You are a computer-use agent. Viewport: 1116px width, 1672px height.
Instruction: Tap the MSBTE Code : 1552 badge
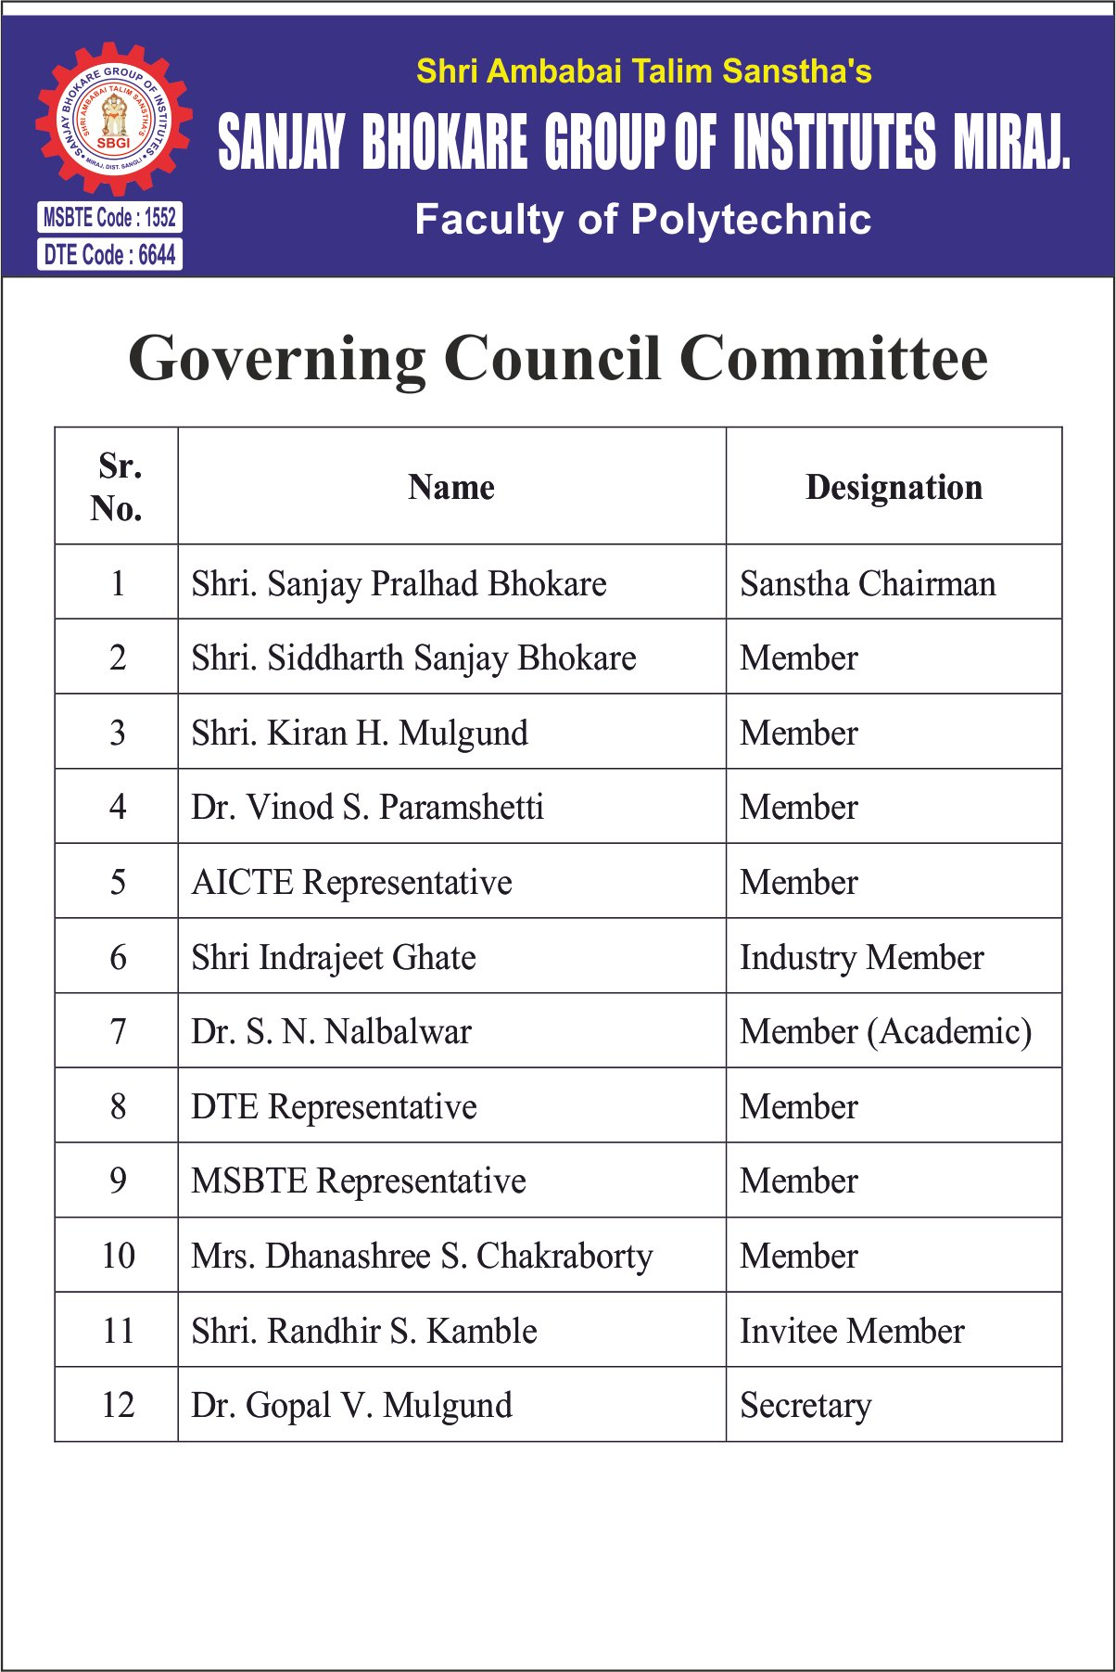click(x=109, y=217)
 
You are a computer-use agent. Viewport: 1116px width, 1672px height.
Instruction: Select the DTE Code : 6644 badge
click(x=109, y=254)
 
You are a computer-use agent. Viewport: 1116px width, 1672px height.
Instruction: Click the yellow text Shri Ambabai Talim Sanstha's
click(x=643, y=71)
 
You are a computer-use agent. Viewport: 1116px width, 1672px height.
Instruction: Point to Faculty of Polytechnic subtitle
click(x=642, y=220)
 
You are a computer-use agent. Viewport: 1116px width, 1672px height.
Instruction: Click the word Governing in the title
click(x=277, y=359)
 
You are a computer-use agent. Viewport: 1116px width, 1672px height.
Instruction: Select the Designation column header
click(x=894, y=487)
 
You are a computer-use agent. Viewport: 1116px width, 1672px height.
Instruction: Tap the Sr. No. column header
click(x=117, y=487)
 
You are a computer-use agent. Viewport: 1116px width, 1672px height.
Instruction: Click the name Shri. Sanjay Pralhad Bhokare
click(x=399, y=583)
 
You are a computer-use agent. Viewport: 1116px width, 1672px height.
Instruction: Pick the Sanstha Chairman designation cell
click(x=868, y=583)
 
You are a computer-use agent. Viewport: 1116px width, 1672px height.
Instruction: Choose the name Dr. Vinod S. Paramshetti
click(x=367, y=807)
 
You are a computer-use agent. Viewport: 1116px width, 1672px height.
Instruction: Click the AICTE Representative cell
click(x=351, y=882)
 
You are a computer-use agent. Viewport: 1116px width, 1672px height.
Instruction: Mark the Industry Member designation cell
click(x=861, y=957)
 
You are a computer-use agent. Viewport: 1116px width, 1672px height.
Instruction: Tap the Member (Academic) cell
click(x=885, y=1031)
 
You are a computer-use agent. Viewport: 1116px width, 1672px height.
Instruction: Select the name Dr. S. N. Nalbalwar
click(x=331, y=1031)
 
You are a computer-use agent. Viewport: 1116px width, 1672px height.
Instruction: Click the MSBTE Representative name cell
click(x=358, y=1181)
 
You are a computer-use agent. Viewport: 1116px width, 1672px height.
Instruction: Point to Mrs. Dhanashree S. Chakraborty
click(x=422, y=1256)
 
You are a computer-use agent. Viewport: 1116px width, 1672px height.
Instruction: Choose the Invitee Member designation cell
click(x=852, y=1331)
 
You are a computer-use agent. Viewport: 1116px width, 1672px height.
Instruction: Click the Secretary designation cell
click(x=805, y=1405)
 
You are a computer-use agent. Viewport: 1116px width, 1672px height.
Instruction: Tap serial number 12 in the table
click(x=118, y=1405)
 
